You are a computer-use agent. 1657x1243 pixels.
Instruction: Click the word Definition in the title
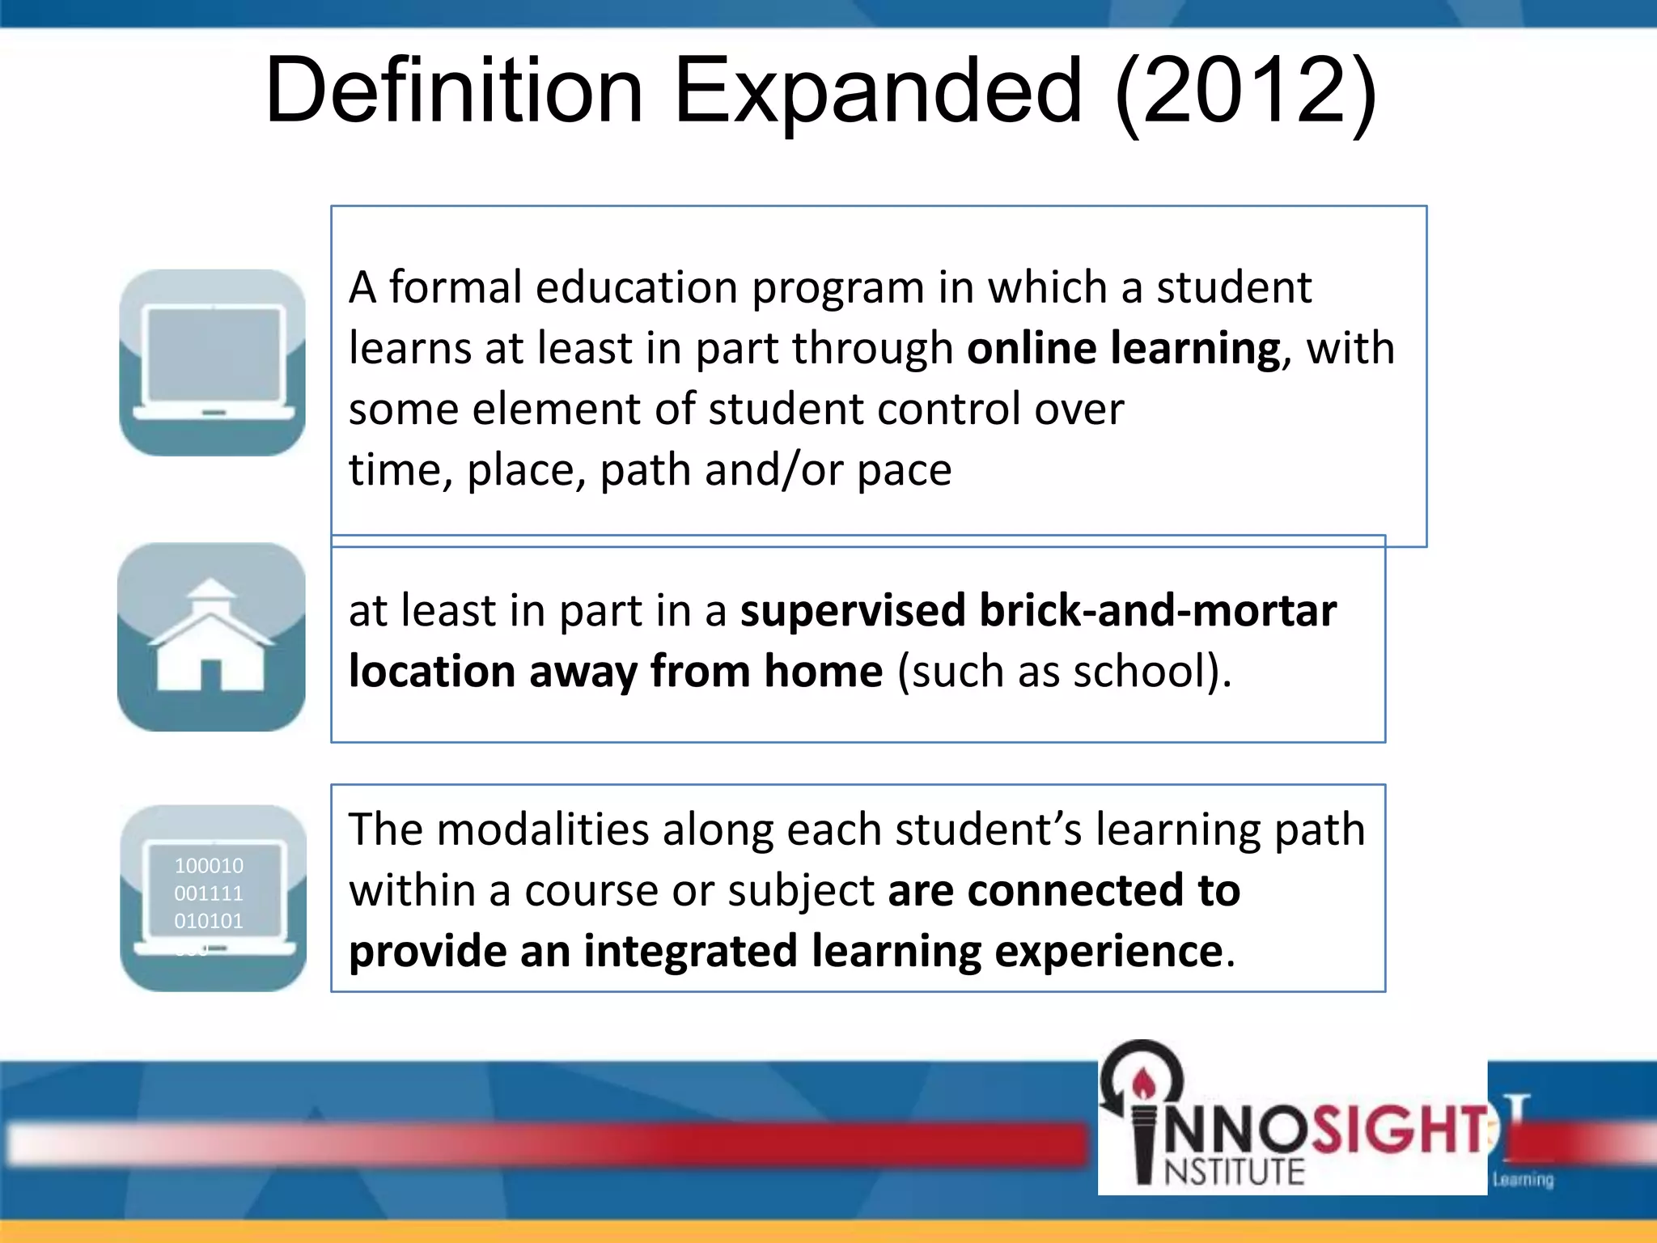(x=455, y=91)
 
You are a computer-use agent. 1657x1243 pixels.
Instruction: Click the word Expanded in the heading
(x=877, y=91)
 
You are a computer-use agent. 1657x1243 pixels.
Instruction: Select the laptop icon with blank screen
(x=212, y=363)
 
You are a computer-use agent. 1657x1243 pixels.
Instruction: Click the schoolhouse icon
(x=211, y=638)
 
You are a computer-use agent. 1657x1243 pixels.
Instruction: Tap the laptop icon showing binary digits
(x=213, y=898)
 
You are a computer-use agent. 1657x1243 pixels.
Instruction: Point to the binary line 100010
(x=209, y=866)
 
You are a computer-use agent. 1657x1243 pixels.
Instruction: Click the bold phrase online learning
(x=1124, y=348)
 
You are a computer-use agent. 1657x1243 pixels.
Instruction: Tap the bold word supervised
(x=853, y=610)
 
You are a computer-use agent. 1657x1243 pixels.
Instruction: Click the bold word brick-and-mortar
(x=1158, y=610)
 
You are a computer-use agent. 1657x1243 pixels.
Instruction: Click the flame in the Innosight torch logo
(x=1143, y=1081)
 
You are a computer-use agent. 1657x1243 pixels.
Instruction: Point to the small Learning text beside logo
(x=1523, y=1180)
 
